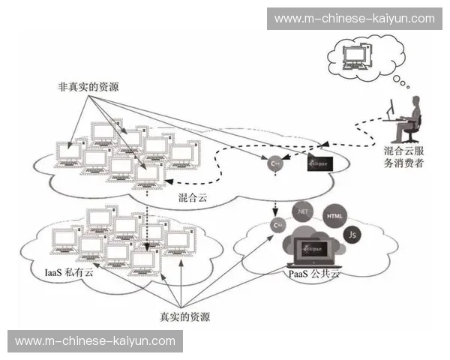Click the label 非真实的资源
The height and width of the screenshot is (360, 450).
[x=88, y=86]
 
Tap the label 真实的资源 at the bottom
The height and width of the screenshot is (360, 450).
[x=190, y=316]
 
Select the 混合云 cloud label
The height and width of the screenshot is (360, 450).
[x=193, y=198]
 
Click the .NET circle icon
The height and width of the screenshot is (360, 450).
[x=304, y=211]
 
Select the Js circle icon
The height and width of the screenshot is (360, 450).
[x=352, y=235]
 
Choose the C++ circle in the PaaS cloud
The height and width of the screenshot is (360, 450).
[x=277, y=224]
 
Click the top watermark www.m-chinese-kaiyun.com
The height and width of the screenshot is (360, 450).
[x=354, y=18]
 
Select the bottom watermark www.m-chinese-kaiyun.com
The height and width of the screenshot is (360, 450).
[x=95, y=341]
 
